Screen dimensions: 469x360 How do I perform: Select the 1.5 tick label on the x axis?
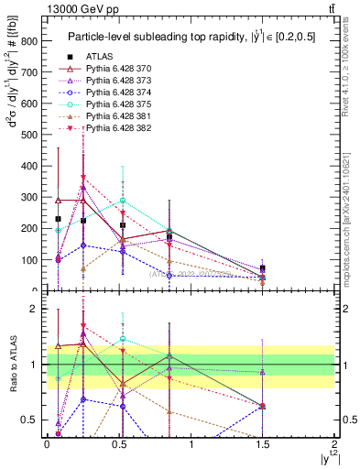click(263, 444)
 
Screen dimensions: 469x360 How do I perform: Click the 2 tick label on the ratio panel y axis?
click(36, 310)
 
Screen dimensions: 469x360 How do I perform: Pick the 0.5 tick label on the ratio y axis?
click(32, 420)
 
